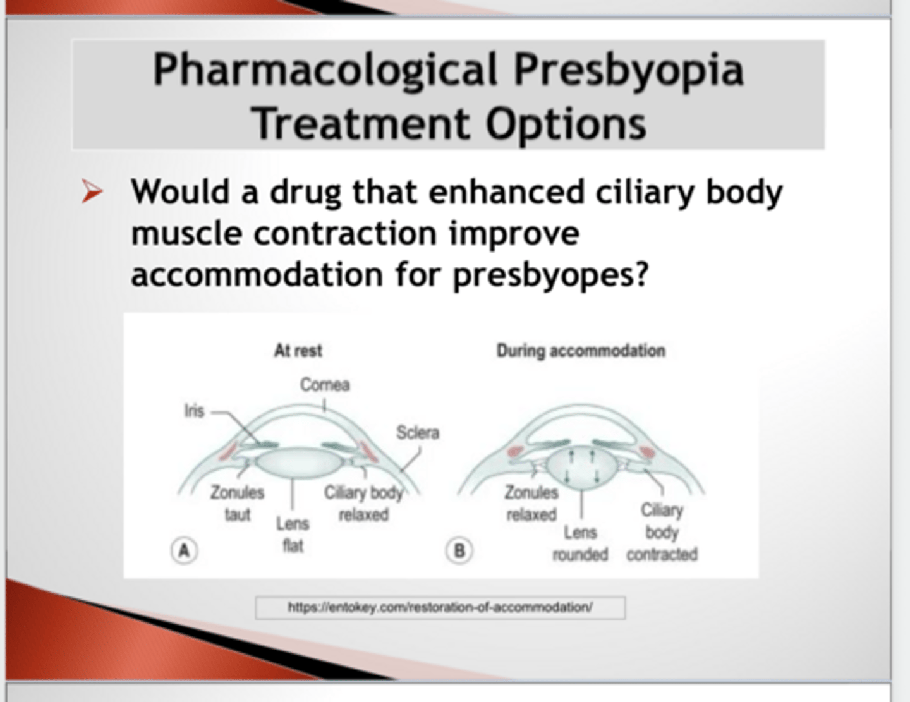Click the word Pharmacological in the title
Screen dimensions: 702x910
click(x=325, y=69)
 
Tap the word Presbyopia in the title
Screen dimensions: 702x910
click(x=628, y=69)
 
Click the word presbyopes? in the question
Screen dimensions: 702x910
click(x=550, y=275)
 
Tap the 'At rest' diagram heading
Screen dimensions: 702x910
click(x=298, y=351)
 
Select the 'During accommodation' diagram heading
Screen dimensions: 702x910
click(x=581, y=351)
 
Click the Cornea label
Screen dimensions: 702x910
click(x=325, y=385)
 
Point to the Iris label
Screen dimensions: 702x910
click(x=194, y=411)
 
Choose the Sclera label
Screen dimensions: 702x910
click(x=417, y=433)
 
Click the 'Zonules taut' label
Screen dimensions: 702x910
click(x=238, y=503)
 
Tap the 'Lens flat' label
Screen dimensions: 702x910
click(x=293, y=535)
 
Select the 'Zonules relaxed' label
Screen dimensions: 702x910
click(x=531, y=503)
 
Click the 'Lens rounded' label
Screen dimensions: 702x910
click(x=580, y=543)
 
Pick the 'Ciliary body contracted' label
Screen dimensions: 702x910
click(x=662, y=532)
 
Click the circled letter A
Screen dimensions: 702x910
click(x=184, y=550)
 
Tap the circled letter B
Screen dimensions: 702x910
click(x=459, y=550)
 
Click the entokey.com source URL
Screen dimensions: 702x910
click(x=440, y=607)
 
